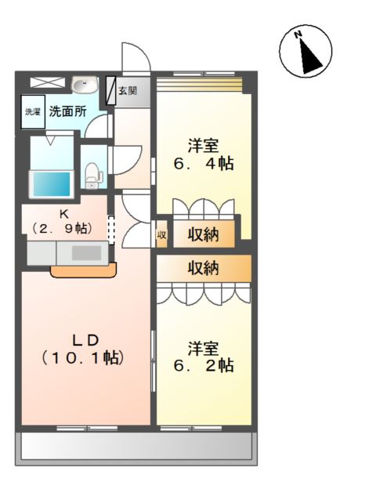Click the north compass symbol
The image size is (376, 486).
click(302, 53)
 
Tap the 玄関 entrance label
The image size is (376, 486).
click(128, 89)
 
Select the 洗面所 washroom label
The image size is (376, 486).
click(67, 111)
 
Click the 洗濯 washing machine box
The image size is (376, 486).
click(32, 111)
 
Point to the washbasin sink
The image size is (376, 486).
click(83, 85)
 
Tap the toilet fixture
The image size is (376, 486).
click(92, 173)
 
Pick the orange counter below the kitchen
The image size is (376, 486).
click(84, 270)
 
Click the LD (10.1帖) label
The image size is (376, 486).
click(84, 349)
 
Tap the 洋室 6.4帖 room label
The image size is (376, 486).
click(203, 155)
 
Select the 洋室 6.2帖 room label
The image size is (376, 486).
click(203, 356)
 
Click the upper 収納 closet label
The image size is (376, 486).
click(203, 234)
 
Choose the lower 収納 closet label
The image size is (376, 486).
click(203, 268)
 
